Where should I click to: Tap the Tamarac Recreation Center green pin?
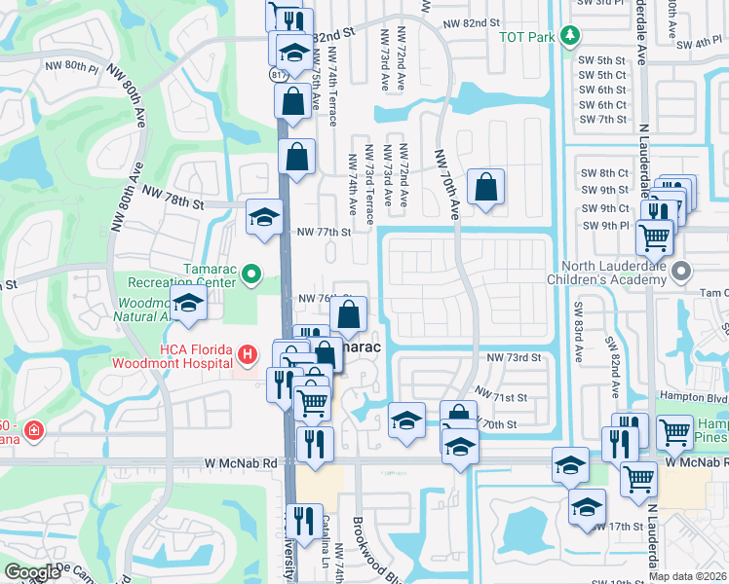click(x=253, y=274)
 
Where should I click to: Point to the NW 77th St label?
click(x=323, y=233)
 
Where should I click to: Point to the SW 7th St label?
click(x=602, y=119)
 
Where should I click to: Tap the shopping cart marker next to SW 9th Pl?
click(x=654, y=235)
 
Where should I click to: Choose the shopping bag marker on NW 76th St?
click(x=348, y=313)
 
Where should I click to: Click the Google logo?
click(x=33, y=572)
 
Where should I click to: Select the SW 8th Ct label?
click(x=602, y=172)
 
